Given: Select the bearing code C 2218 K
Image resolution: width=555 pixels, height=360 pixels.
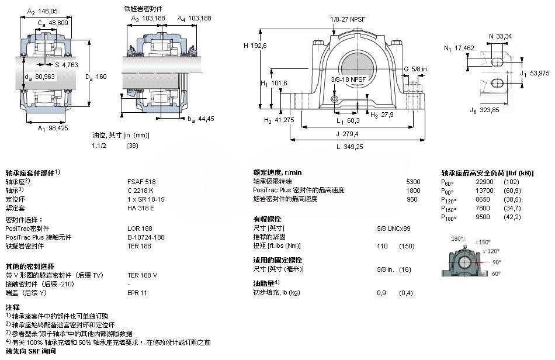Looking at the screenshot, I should [x=141, y=190].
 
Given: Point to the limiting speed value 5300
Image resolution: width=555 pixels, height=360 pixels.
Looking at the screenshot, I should [x=413, y=181].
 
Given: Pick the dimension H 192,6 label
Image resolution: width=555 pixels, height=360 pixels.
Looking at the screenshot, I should [x=255, y=46].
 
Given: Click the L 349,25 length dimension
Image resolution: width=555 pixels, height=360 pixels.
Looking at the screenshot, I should [x=349, y=147].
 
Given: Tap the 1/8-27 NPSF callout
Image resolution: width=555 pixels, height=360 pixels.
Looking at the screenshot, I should [x=348, y=19].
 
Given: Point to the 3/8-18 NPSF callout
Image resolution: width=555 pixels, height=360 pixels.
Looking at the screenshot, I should [x=349, y=79].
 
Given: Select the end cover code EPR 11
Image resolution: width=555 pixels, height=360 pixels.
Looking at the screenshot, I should [x=137, y=292].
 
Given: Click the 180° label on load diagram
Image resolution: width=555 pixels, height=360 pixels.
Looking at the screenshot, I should [x=457, y=238].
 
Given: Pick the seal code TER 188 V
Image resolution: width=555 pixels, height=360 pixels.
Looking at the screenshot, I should [x=143, y=275].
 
